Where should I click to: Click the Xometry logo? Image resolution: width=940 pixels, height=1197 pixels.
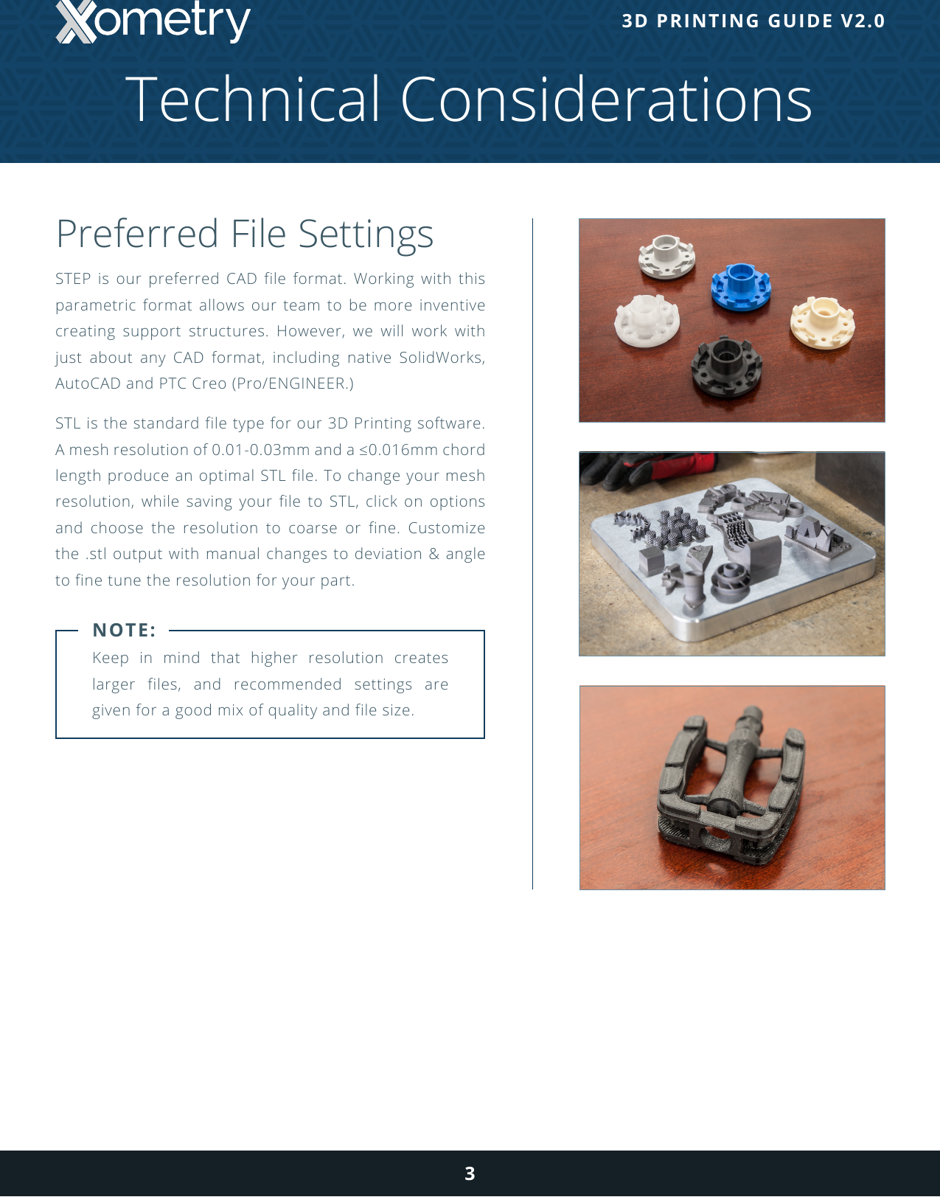tap(153, 22)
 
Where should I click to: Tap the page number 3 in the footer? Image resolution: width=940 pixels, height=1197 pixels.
tap(470, 1173)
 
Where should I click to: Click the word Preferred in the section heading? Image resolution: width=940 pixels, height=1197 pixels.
tap(138, 234)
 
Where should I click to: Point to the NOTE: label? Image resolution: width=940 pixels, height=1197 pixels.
tap(124, 631)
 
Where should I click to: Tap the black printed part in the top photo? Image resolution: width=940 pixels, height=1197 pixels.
tap(725, 367)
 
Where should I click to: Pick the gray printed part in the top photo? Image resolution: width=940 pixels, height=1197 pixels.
tap(666, 255)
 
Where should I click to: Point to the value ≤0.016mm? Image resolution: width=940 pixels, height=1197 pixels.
tap(398, 450)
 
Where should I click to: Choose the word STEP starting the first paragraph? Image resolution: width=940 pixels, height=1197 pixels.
tap(73, 279)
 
